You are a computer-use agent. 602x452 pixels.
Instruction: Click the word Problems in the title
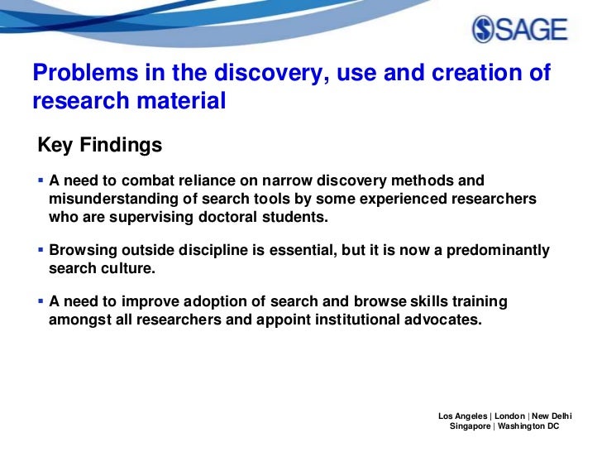point(79,74)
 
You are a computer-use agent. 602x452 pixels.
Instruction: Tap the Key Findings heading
point(99,146)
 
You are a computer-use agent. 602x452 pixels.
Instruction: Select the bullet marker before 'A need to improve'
point(41,301)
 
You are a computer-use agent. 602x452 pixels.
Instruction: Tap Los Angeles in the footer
point(463,415)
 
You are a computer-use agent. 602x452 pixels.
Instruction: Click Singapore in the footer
point(469,426)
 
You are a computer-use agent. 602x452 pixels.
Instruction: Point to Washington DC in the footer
point(528,426)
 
